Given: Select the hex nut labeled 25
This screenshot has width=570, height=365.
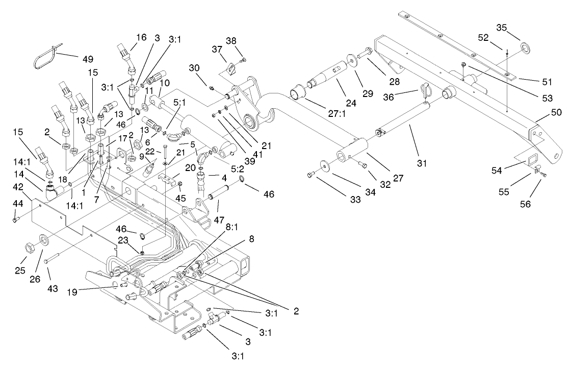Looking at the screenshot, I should click(x=28, y=248).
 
